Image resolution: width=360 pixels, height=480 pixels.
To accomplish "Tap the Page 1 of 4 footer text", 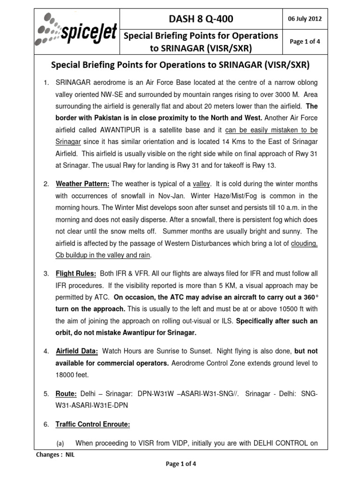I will [181, 464].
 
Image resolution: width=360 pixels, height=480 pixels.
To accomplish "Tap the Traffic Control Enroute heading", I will [92, 424].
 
